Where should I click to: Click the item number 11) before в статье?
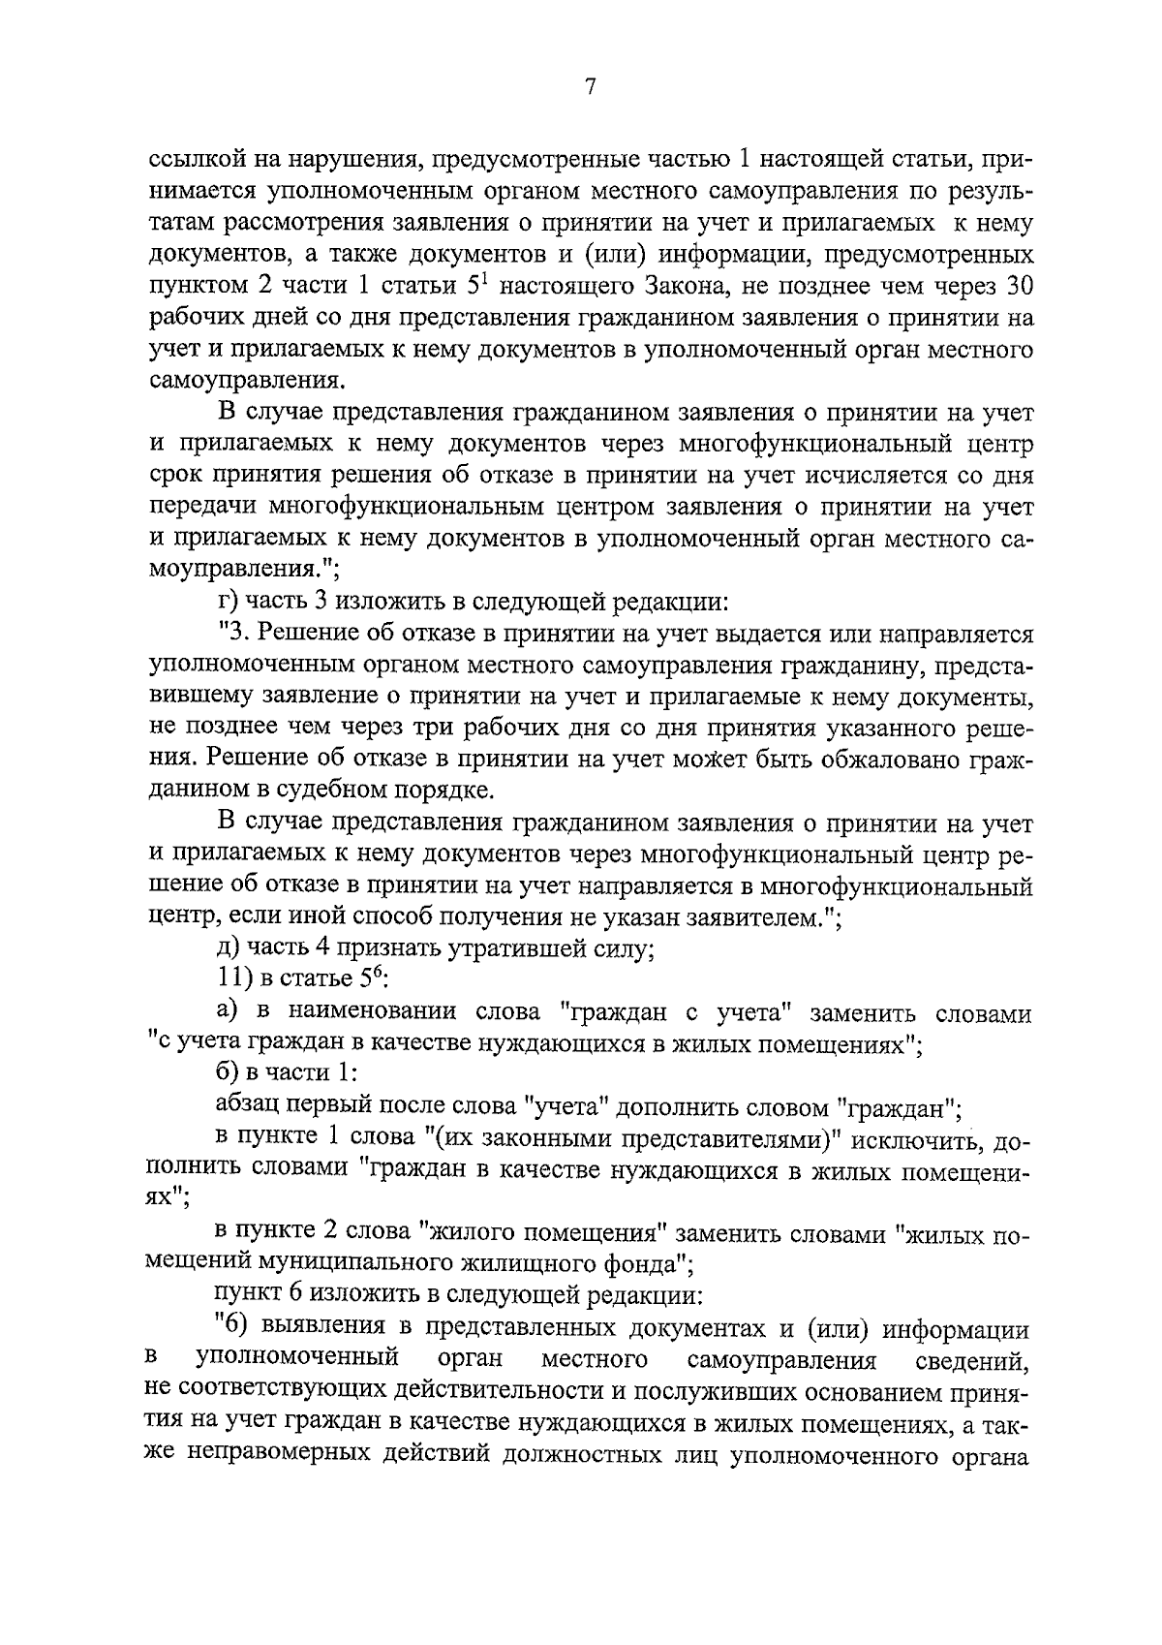coord(235,980)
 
